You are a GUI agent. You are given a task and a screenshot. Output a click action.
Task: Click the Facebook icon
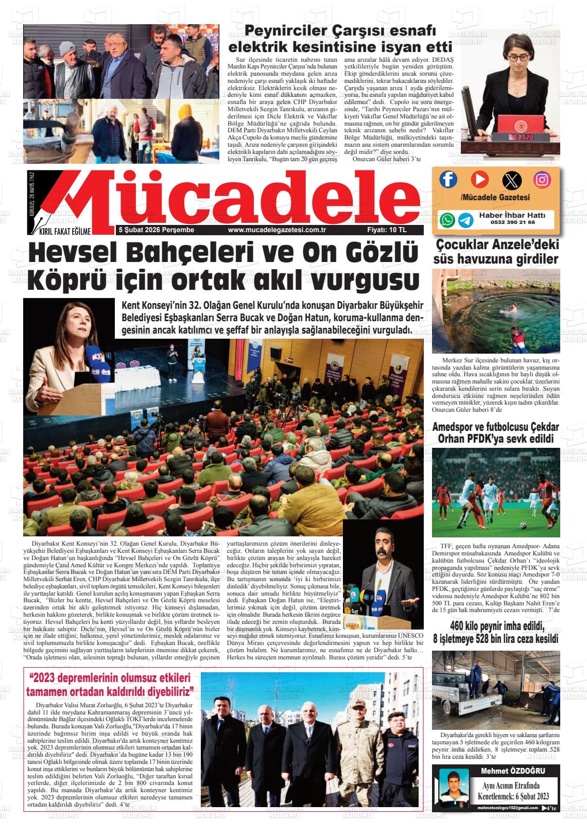448,179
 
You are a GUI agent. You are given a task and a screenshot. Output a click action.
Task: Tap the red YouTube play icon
479,179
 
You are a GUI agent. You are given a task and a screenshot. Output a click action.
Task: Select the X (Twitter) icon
511,180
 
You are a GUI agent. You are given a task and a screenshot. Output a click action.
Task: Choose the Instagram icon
542,180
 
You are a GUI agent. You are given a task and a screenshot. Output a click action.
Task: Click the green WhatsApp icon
448,220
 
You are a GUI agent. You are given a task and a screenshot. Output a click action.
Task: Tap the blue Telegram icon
467,220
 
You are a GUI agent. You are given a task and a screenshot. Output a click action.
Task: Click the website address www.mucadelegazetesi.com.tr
277,230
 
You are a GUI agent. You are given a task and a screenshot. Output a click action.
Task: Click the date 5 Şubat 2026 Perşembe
156,230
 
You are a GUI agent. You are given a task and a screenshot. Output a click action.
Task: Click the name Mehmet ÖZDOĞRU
512,771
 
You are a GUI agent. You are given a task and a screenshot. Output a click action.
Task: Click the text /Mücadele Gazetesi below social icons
495,198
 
